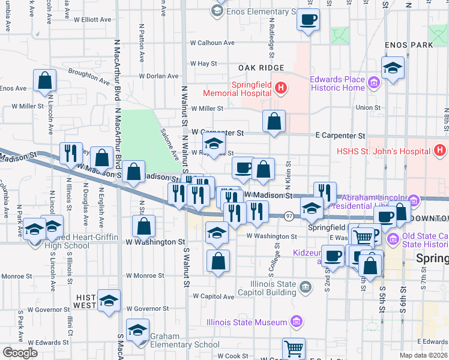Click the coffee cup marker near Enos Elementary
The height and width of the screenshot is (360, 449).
(x=308, y=20)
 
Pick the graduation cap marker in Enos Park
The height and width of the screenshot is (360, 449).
(x=393, y=68)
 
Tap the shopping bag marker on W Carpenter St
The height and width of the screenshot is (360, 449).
(x=274, y=122)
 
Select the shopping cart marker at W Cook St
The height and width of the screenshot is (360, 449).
(x=294, y=349)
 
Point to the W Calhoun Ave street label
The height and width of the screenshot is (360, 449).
(x=212, y=43)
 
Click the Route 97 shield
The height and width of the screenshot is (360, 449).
(x=289, y=216)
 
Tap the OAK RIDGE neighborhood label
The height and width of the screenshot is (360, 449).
(x=261, y=68)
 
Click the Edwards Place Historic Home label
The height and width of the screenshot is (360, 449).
(x=337, y=83)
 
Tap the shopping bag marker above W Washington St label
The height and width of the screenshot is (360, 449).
(x=143, y=227)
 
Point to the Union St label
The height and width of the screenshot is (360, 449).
(x=364, y=107)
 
